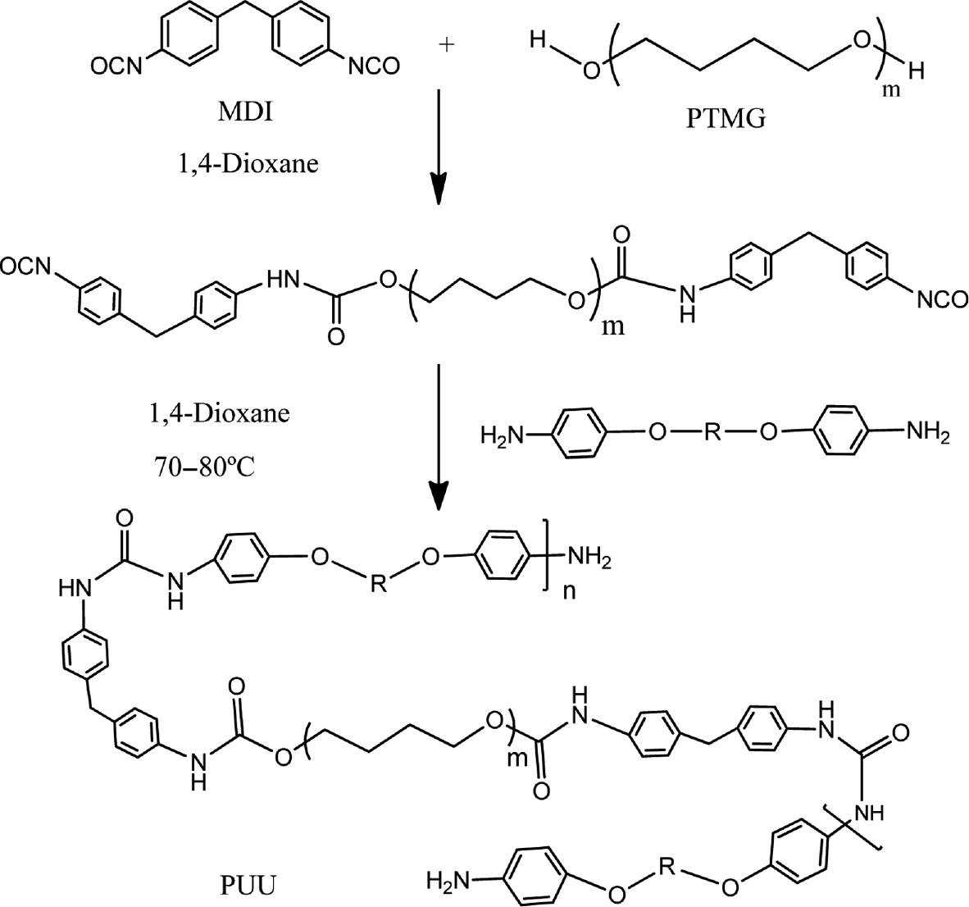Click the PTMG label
click(726, 117)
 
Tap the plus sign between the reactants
click(446, 46)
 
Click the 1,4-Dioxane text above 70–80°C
click(220, 412)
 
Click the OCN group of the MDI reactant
click(116, 66)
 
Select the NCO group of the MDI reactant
click(374, 66)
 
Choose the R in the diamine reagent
click(712, 433)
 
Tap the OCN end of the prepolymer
click(25, 267)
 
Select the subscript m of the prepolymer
click(612, 326)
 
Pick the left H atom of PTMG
click(538, 43)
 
